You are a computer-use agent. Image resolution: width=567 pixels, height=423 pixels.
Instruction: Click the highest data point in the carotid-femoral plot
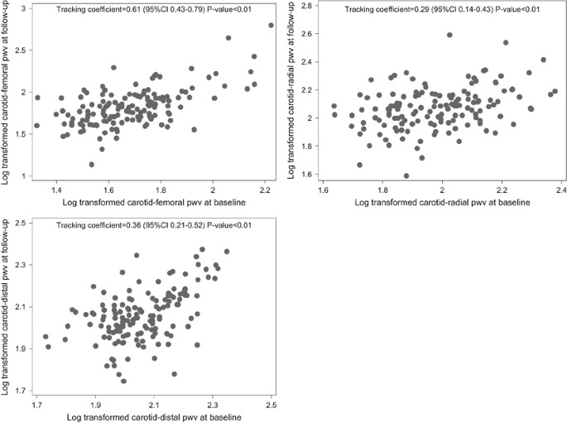[271, 26]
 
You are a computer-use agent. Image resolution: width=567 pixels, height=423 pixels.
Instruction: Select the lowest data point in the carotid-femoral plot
[92, 164]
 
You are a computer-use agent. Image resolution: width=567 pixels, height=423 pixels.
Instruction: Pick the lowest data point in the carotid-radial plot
[406, 175]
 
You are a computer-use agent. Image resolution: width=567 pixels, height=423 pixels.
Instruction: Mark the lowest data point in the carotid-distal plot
[123, 381]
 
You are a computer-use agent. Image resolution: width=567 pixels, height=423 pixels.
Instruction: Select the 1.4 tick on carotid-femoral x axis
[56, 189]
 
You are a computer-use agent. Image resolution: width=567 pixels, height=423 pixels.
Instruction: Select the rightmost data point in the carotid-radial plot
[555, 91]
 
